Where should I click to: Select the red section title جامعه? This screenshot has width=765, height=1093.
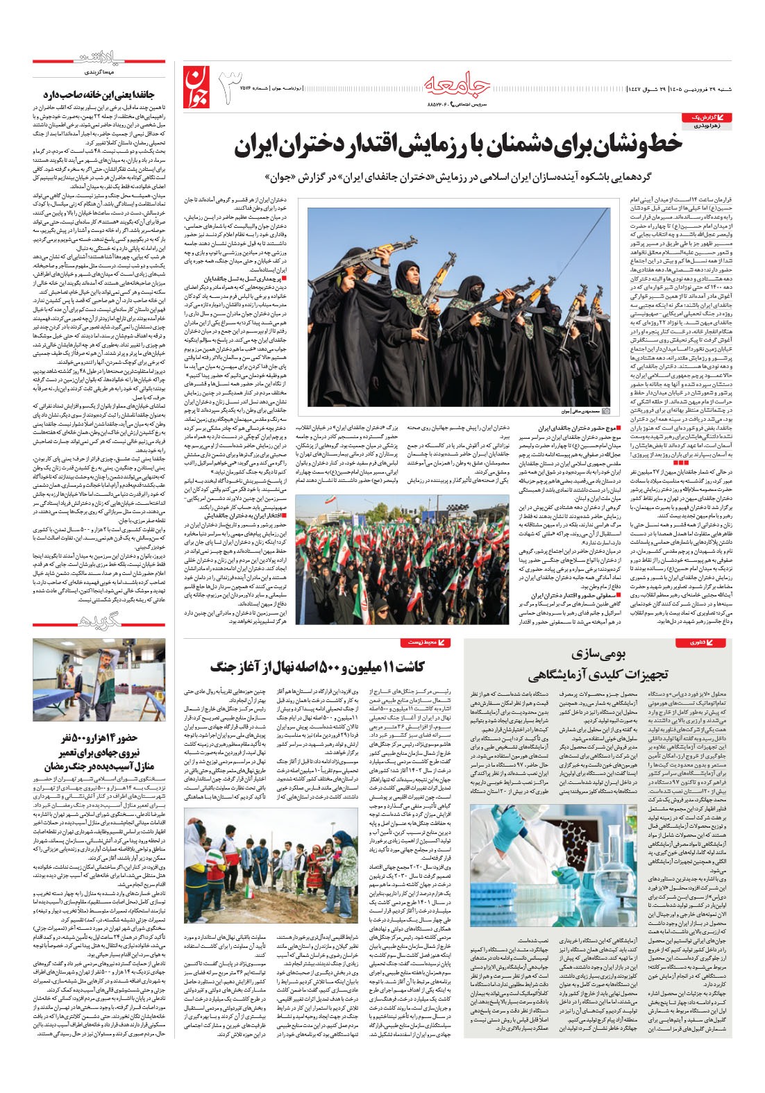(457, 84)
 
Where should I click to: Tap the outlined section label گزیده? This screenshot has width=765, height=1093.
(99, 621)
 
